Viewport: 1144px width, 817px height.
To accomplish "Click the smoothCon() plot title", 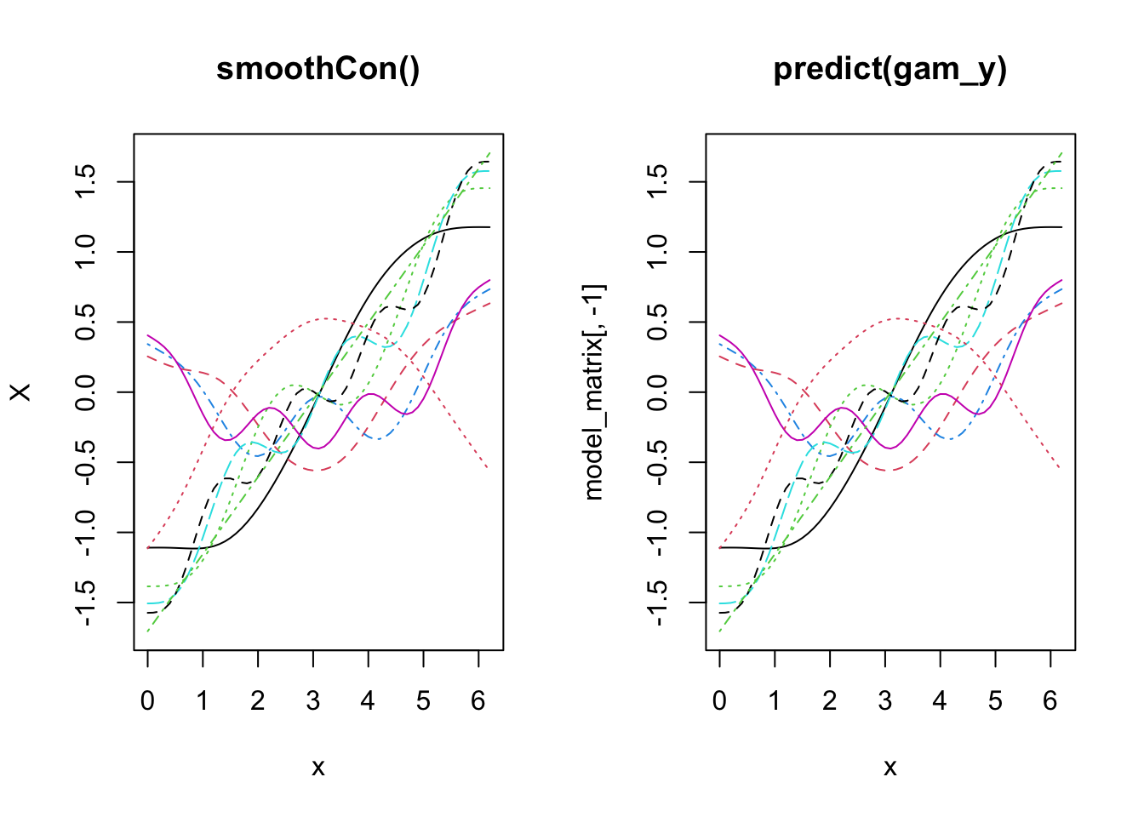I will pyautogui.click(x=318, y=69).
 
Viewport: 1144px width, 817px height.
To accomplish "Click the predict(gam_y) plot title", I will pyautogui.click(x=890, y=69).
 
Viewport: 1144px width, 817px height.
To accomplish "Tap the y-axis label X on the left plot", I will pyautogui.click(x=20, y=392).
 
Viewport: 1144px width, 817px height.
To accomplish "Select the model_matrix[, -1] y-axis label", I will pyautogui.click(x=593, y=392).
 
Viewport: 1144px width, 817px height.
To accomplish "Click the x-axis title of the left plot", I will pyautogui.click(x=318, y=768).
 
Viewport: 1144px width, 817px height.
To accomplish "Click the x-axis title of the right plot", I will pyautogui.click(x=890, y=768).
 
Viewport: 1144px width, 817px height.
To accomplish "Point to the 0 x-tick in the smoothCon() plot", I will pyautogui.click(x=148, y=701).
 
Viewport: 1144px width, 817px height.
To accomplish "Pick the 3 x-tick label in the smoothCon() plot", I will pyautogui.click(x=313, y=701).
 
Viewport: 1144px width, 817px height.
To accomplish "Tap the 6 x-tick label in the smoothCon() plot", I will pyautogui.click(x=478, y=701).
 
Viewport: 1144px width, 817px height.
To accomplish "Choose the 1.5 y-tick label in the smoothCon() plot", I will pyautogui.click(x=85, y=182).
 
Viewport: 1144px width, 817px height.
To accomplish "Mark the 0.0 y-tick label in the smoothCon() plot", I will pyautogui.click(x=85, y=392).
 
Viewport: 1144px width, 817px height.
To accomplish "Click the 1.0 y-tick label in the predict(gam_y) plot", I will pyautogui.click(x=657, y=252).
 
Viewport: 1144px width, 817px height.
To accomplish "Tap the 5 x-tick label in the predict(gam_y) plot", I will pyautogui.click(x=995, y=701).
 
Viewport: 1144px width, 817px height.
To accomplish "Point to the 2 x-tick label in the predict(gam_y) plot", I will pyautogui.click(x=830, y=701).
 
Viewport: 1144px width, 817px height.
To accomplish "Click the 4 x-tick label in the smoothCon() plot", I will pyautogui.click(x=368, y=701).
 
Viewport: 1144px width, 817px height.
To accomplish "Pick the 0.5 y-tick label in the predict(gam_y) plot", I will pyautogui.click(x=657, y=323).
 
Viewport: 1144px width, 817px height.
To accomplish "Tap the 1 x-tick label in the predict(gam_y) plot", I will pyautogui.click(x=775, y=701).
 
